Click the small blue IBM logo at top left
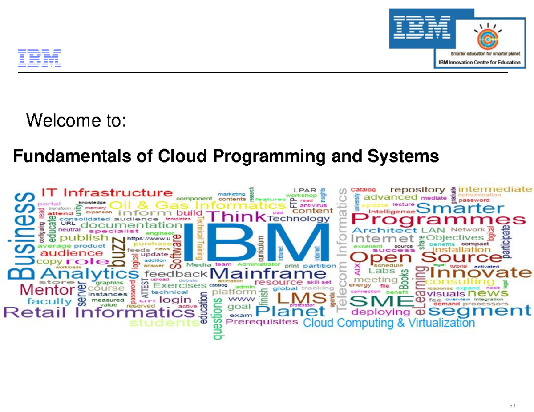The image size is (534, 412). tap(39, 59)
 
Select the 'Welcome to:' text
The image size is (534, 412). tap(77, 120)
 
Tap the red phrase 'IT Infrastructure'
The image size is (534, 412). tap(107, 193)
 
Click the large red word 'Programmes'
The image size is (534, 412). tap(437, 220)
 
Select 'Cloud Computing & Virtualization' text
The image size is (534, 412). tap(388, 323)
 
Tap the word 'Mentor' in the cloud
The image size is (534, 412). tap(40, 291)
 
